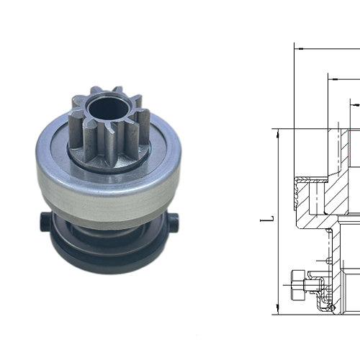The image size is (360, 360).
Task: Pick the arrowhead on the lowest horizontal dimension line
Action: [354, 104]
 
